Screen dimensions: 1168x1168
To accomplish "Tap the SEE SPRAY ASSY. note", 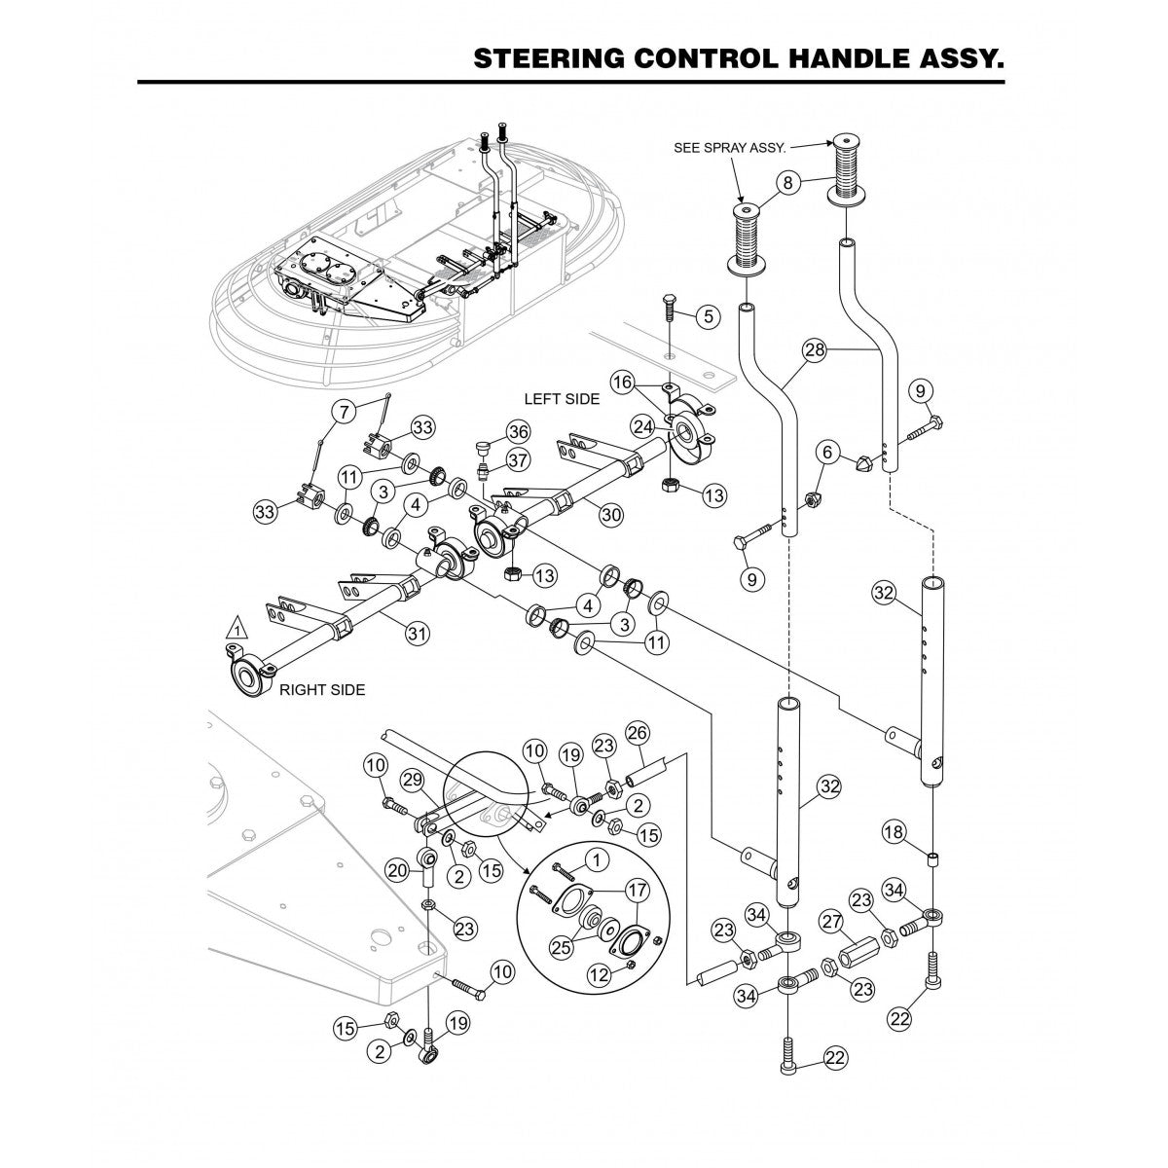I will tap(730, 149).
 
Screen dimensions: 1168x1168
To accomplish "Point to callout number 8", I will tap(787, 182).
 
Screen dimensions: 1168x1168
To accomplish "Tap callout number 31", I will tap(417, 634).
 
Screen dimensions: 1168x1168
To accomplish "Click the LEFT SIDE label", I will tap(562, 399).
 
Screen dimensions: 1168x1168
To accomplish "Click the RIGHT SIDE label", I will tap(321, 690).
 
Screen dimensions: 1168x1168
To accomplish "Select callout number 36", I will tap(517, 432).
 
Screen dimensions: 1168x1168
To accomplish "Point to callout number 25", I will tap(564, 944).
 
